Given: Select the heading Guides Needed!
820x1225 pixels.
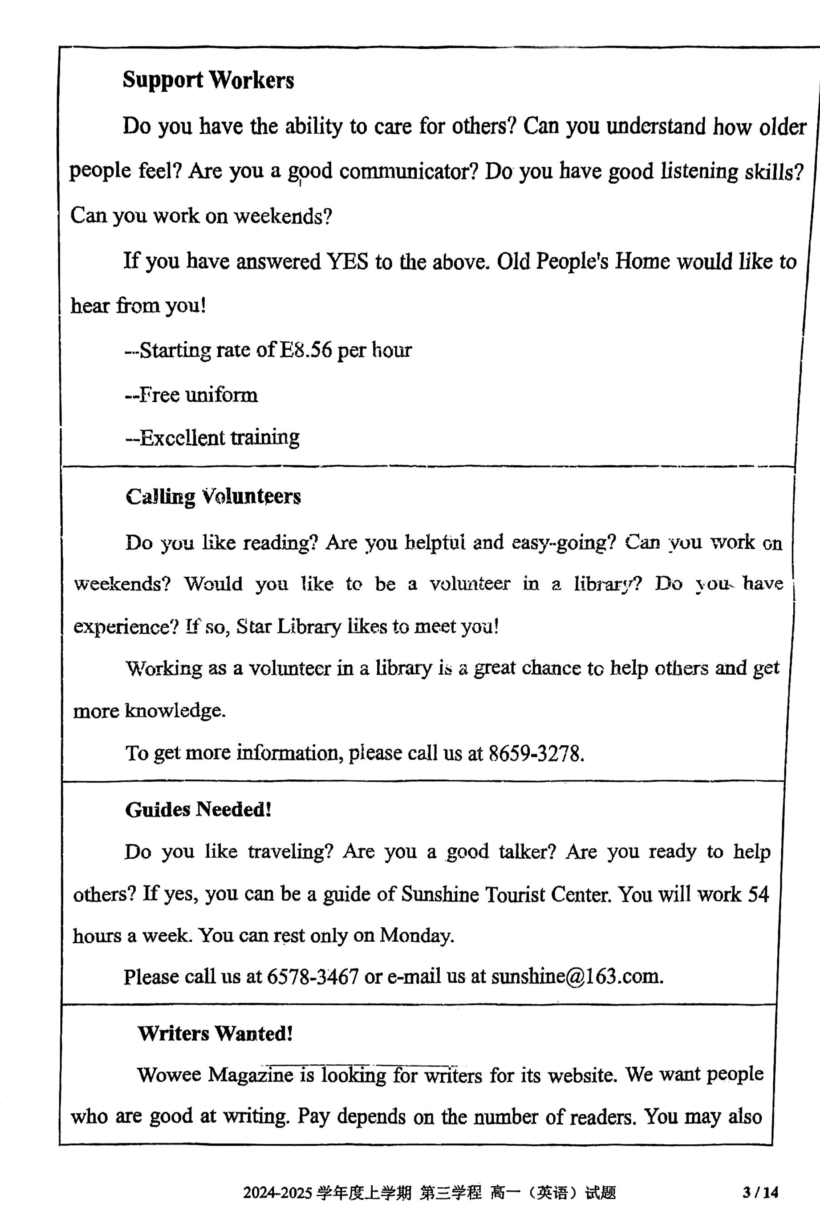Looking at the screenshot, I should click(198, 810).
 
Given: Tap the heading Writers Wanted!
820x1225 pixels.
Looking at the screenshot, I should click(215, 1033).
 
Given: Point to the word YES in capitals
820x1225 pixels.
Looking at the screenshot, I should click(347, 261).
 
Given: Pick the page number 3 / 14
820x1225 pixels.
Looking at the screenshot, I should click(761, 1193).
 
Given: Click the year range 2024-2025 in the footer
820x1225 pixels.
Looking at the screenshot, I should click(277, 1193).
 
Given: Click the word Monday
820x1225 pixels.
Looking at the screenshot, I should click(416, 935).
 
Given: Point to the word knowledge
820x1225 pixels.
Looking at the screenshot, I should click(175, 711).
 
